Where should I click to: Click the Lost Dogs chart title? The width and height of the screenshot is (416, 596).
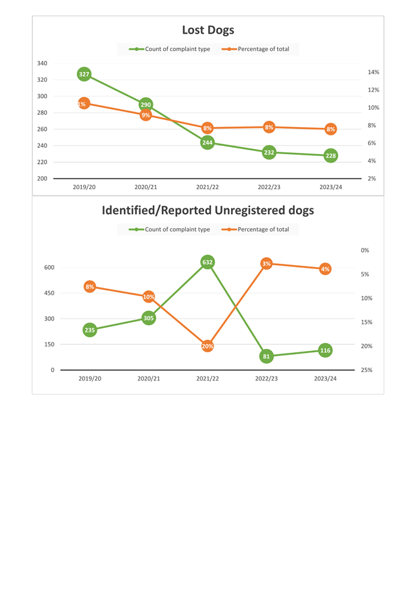tap(208, 30)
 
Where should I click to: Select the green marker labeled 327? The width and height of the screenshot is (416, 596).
tap(84, 74)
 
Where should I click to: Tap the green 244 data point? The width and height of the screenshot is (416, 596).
tap(208, 143)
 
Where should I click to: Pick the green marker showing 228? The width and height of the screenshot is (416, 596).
tap(331, 155)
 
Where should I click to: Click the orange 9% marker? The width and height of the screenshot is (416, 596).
tap(146, 115)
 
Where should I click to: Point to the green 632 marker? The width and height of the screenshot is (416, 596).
tap(208, 262)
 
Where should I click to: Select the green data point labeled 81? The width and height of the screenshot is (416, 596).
tap(266, 356)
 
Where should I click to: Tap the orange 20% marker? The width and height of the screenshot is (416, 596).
tap(208, 346)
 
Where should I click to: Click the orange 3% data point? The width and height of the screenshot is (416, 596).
tap(266, 263)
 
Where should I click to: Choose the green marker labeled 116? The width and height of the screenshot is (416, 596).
tap(325, 350)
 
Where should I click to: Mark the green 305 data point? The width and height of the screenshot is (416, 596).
tap(148, 318)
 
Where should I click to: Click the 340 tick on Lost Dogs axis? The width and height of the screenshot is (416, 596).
tap(42, 63)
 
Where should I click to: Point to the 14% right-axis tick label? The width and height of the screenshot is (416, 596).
tap(373, 72)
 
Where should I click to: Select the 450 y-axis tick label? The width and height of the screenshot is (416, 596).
tap(50, 293)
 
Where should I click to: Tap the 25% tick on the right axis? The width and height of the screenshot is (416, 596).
tap(366, 370)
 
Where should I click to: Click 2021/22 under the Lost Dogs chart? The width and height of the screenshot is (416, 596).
tap(208, 187)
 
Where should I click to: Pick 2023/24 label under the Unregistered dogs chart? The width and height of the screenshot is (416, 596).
tap(325, 379)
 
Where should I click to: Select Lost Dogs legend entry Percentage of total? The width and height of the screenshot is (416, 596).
tap(263, 49)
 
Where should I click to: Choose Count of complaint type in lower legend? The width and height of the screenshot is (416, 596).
tap(177, 230)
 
